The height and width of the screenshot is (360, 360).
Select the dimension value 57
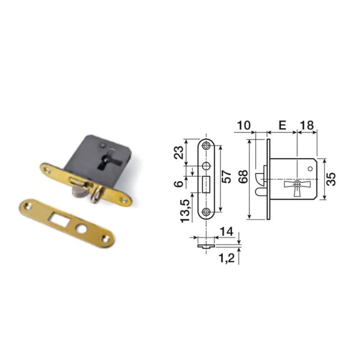[x=226, y=177]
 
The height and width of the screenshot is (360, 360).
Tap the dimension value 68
[x=243, y=176]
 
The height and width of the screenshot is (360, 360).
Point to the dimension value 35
[x=331, y=179]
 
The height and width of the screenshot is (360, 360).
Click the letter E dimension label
[x=283, y=126]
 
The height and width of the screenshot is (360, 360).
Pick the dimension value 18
[x=307, y=126]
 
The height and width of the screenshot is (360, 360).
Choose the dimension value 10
[x=244, y=126]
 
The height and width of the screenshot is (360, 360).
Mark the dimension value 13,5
[x=185, y=211]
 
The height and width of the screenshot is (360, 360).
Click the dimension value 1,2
[x=227, y=258]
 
